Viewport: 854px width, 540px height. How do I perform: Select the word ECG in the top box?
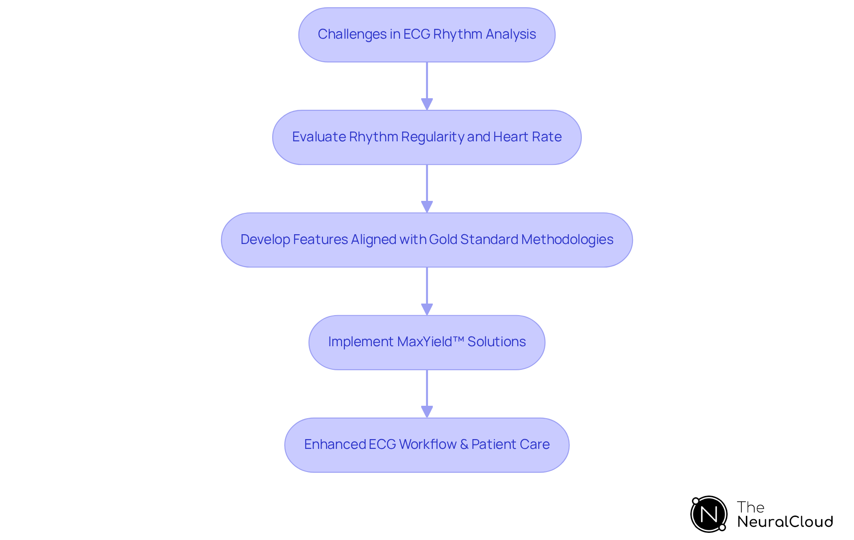tap(417, 34)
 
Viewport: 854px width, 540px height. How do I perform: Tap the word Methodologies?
tap(567, 240)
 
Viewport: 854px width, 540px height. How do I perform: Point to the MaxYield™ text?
tap(431, 342)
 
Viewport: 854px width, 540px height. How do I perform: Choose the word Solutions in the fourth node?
tap(496, 342)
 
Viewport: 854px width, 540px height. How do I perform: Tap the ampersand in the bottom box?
tap(464, 444)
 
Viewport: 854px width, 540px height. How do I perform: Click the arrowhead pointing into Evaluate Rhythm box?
tap(427, 104)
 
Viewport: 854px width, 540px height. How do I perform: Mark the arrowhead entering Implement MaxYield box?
tap(427, 309)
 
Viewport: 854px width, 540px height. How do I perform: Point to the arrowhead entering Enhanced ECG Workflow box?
tap(427, 412)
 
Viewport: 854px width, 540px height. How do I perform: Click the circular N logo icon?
tap(709, 514)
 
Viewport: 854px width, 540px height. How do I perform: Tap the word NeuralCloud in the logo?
tap(785, 522)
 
